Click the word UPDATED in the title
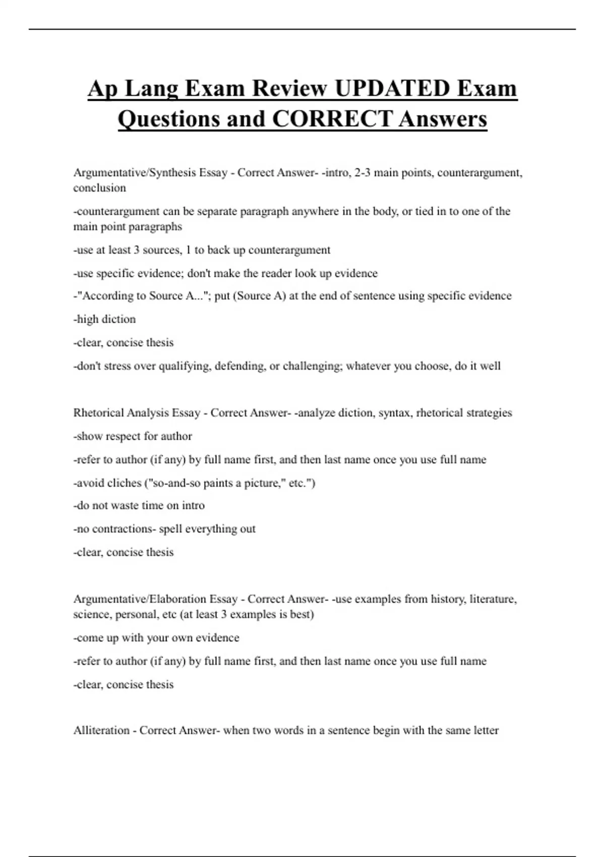392,89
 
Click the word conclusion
99,188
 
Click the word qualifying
185,366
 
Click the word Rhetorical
98,413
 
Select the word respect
118,437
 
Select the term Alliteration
101,730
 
